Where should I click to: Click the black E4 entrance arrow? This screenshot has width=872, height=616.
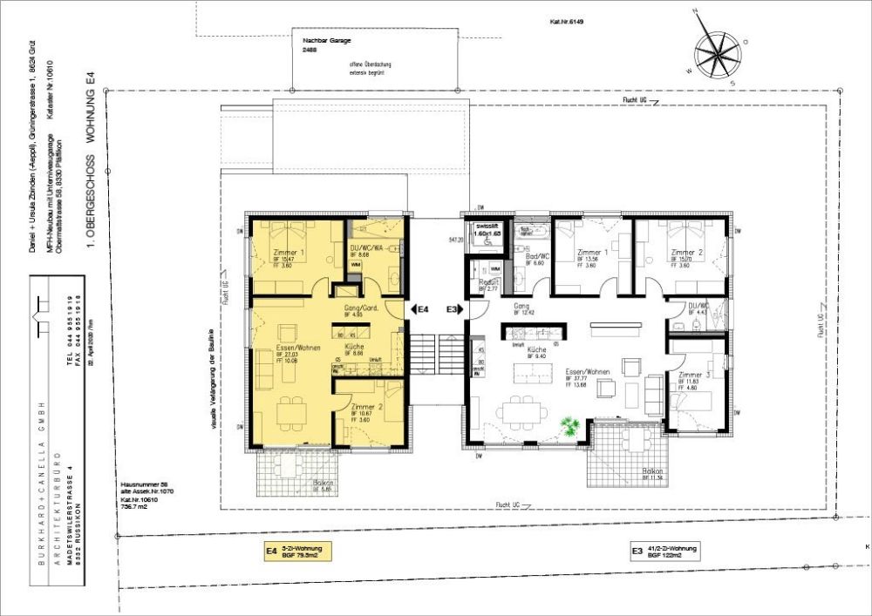(412, 309)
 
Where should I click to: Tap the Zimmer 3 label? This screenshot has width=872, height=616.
(691, 376)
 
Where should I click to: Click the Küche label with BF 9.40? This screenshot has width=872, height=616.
(538, 348)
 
